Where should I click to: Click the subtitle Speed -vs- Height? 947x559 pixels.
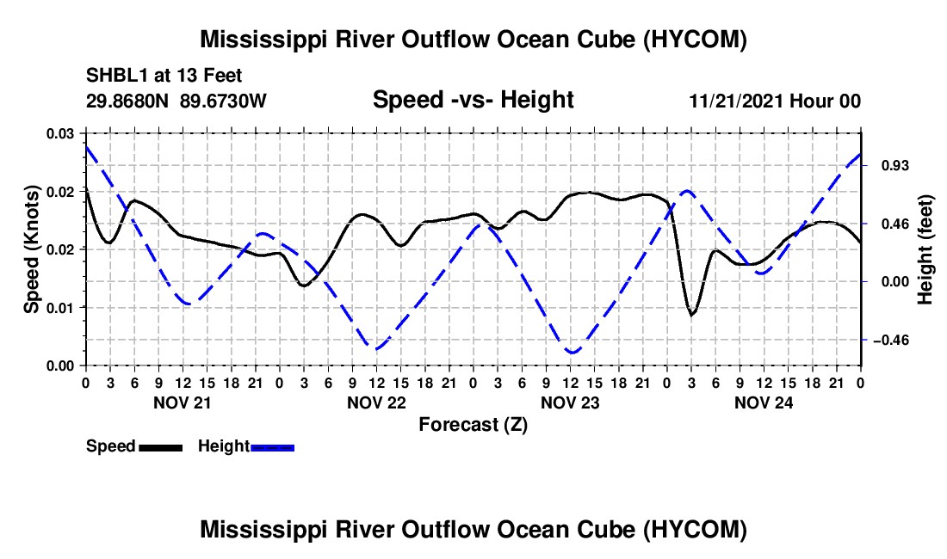[473, 100]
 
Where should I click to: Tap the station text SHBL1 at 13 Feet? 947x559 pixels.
[164, 76]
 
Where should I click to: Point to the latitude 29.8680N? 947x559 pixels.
[127, 101]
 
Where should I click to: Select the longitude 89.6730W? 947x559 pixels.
[223, 101]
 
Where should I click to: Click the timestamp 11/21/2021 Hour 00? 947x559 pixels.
[775, 101]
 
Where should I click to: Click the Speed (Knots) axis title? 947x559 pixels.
[31, 249]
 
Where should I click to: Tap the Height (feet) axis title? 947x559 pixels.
[925, 249]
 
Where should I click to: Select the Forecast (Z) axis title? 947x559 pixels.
[473, 425]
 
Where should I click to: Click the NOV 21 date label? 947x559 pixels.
[183, 402]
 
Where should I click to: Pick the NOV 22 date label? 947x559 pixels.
[376, 402]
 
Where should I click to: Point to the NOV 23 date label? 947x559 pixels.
[570, 402]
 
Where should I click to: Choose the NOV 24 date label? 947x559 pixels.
[764, 402]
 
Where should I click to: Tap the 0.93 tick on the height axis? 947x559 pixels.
[895, 165]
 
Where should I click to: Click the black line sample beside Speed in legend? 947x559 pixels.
[161, 447]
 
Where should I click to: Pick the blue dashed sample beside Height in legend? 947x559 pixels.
[272, 447]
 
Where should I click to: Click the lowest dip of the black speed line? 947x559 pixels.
[691, 314]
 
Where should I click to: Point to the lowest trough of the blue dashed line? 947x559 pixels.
[572, 352]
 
